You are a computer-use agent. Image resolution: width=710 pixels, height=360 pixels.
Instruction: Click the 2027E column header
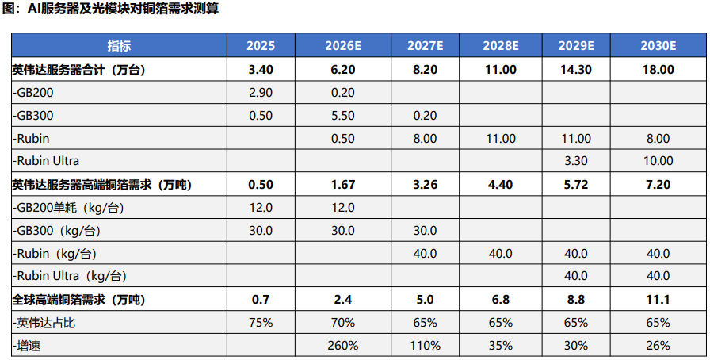click(426, 46)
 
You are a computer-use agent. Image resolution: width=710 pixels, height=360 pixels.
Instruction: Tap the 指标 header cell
click(119, 46)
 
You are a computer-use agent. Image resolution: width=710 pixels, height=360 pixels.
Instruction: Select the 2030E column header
click(658, 46)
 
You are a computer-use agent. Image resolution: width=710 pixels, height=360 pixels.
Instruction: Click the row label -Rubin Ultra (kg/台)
click(69, 276)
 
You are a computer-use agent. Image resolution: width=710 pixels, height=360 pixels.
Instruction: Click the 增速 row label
click(27, 346)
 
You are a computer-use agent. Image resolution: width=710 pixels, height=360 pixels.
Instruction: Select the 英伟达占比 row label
click(44, 323)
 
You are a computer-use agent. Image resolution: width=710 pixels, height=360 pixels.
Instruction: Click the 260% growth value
click(343, 346)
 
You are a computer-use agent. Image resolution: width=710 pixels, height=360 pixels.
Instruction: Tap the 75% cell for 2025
click(261, 323)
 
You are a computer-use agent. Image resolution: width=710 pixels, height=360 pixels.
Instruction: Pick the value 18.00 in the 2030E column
click(658, 70)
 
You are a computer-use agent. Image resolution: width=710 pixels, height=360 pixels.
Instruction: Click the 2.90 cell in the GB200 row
click(261, 93)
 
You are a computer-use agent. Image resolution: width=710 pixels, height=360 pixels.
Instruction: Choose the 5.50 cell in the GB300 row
click(343, 116)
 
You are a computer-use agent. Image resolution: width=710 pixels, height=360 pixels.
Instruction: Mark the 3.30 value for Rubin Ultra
click(576, 161)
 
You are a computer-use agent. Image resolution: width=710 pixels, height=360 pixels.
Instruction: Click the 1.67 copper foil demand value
click(343, 185)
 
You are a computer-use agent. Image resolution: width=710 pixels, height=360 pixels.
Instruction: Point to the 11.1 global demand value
click(658, 300)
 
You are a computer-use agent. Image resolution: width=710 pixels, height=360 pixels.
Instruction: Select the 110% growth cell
click(426, 346)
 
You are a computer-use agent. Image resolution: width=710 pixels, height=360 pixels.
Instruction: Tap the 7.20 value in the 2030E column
click(658, 185)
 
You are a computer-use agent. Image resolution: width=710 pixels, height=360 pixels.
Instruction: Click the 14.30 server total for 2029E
click(576, 70)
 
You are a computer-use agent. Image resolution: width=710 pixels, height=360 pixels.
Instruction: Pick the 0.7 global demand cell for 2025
click(261, 300)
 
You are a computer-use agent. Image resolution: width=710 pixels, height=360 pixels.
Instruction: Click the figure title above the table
click(111, 9)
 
